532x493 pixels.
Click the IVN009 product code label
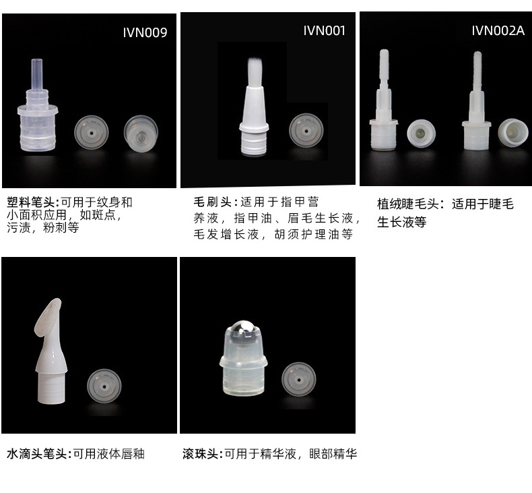(145, 32)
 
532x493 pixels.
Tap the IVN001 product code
(324, 30)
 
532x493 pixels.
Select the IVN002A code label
(498, 30)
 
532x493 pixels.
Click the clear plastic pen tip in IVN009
(37, 105)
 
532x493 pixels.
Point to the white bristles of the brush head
(254, 72)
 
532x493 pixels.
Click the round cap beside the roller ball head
(298, 379)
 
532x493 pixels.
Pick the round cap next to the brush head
(306, 131)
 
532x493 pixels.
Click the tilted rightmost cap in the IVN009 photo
(141, 134)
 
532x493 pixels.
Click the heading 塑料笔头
(30, 202)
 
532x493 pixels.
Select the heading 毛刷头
(212, 202)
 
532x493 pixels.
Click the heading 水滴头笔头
(36, 454)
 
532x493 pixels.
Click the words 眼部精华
(333, 454)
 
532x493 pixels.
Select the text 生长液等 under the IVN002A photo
(402, 222)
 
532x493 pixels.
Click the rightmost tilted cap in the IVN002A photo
(512, 132)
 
